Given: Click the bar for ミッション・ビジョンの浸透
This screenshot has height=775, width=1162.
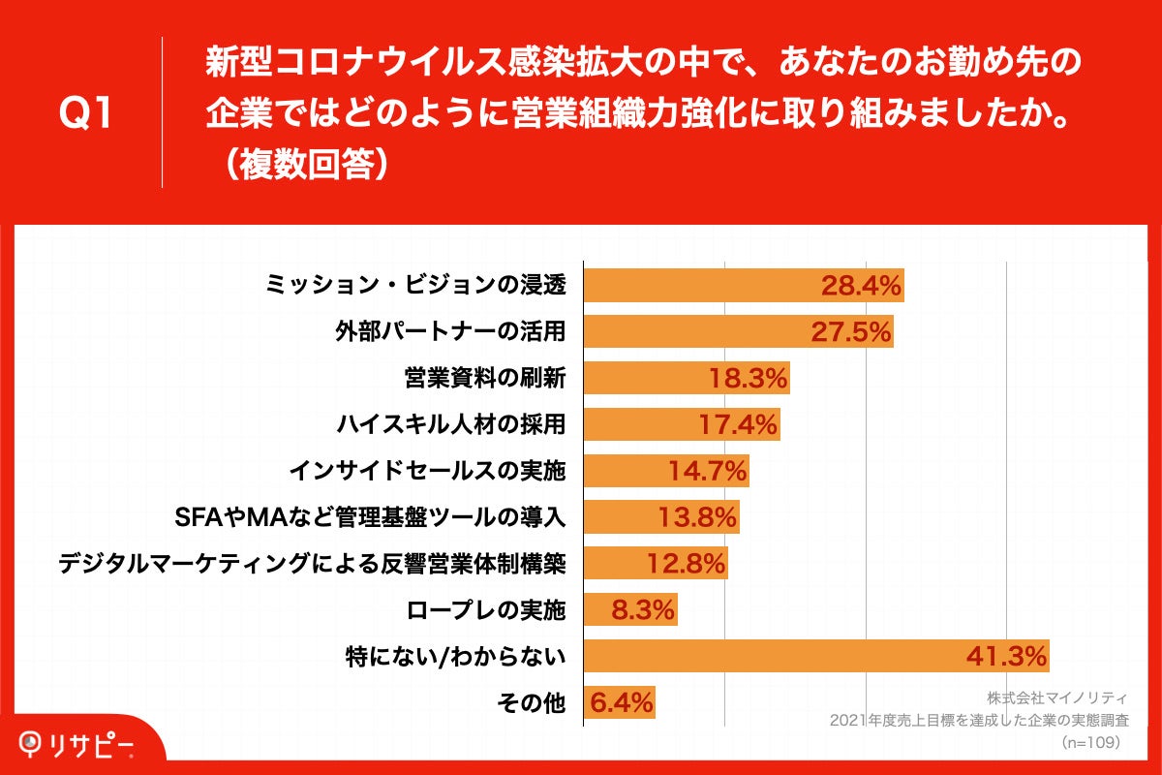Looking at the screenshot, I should point(743,286).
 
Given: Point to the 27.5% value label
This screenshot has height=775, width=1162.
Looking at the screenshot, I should point(850,332).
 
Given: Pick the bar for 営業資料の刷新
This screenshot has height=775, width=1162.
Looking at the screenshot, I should point(686,378).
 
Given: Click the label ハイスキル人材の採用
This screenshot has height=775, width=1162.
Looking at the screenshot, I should point(450,424).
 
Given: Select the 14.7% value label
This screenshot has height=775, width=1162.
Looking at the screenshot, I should point(707,471).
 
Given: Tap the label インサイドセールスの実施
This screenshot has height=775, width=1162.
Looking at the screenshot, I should point(427,471).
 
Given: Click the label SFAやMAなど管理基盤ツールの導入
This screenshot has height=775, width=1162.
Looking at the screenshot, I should point(368,517).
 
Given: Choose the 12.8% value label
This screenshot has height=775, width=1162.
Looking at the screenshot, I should point(686,564).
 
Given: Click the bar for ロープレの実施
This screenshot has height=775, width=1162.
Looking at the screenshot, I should point(629,610).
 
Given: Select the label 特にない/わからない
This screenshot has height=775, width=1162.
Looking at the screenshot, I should point(455,657).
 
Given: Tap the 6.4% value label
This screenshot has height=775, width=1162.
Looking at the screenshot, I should point(621,701).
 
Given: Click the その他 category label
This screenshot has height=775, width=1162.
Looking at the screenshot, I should point(531,702).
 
